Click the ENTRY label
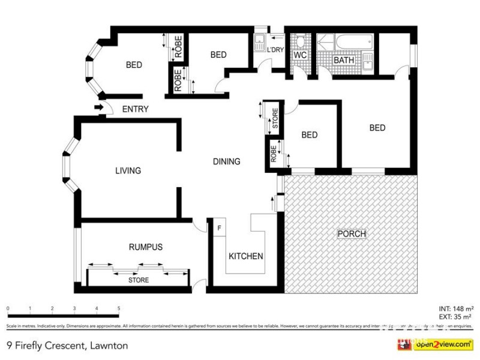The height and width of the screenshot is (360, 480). [135, 109]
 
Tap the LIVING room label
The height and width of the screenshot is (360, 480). [128, 171]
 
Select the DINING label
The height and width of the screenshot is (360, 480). [226, 161]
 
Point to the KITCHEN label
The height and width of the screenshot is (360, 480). [246, 256]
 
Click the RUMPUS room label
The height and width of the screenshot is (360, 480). [145, 247]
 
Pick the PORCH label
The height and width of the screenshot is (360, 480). [352, 233]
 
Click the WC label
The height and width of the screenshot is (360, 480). [300, 55]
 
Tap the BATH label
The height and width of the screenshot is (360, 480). [344, 61]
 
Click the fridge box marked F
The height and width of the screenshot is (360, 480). [219, 228]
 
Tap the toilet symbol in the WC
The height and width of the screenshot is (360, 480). [300, 41]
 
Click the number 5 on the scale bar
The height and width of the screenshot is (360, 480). [119, 308]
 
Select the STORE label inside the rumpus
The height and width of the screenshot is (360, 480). [139, 280]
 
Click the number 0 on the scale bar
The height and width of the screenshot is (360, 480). [8, 308]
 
